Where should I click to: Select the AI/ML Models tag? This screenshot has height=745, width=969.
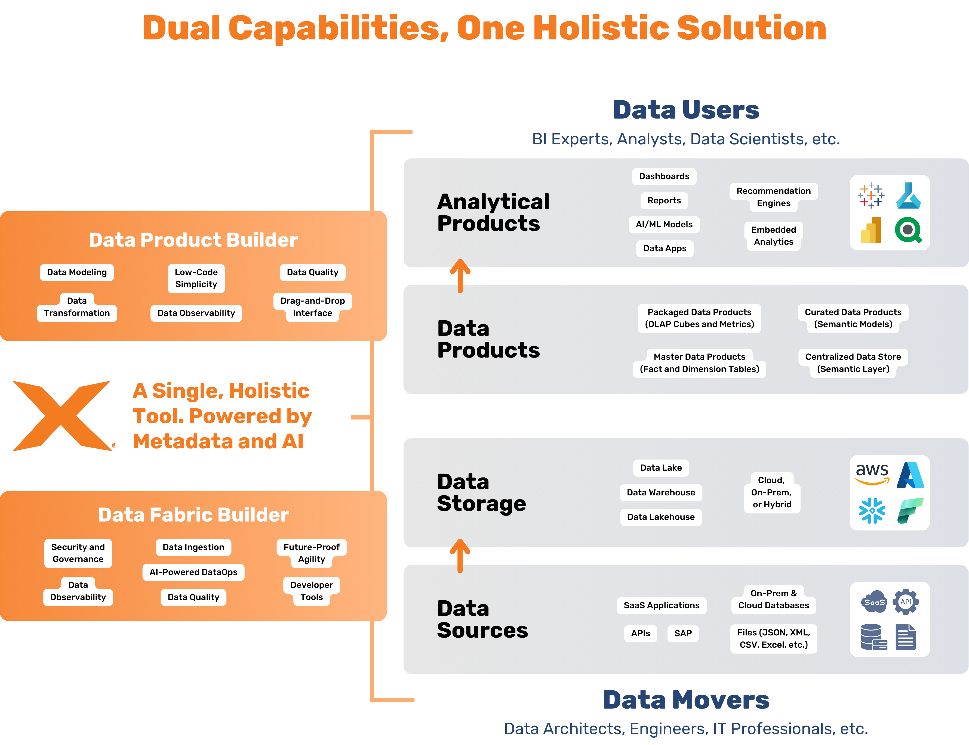pos(664,224)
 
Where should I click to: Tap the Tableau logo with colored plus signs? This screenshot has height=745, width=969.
pos(870,195)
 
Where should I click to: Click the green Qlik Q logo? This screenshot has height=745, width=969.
pos(908,230)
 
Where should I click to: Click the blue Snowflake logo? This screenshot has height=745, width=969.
pos(872,510)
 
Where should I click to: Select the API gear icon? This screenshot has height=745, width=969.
pos(906,602)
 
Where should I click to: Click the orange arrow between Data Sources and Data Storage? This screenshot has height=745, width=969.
pos(460,556)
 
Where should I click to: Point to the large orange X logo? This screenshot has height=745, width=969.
pos(62,416)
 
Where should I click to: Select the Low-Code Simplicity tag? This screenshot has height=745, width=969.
pos(196,278)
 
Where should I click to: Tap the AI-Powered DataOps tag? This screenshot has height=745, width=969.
pos(193,572)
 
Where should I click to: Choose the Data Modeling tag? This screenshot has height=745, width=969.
pos(77,272)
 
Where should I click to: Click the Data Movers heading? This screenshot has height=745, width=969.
pos(686,700)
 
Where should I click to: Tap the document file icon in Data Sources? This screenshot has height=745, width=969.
pos(906,637)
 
